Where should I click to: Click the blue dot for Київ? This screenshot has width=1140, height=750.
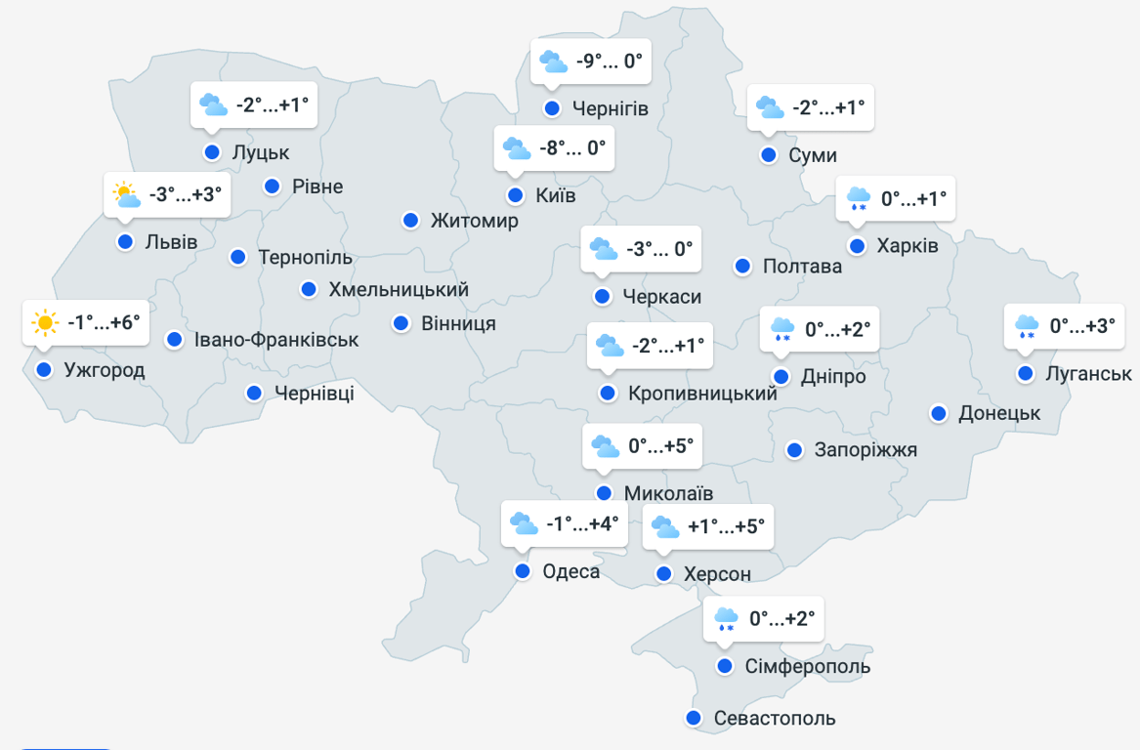(x=515, y=194)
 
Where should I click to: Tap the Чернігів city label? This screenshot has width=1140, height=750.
(x=611, y=107)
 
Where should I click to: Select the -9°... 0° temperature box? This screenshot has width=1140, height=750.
(x=609, y=62)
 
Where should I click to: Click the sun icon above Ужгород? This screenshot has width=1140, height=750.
(x=45, y=321)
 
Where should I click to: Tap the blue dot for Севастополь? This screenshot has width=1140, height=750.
(x=694, y=718)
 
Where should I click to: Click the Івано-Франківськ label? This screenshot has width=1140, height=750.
(x=276, y=340)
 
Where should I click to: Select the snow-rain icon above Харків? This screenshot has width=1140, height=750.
(x=859, y=199)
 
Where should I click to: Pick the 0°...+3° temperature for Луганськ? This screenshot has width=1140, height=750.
(x=1081, y=325)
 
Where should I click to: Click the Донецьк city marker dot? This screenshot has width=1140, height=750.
(x=939, y=413)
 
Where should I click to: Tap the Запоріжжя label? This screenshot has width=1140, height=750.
(x=866, y=449)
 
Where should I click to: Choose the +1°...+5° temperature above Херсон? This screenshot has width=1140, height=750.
(x=726, y=526)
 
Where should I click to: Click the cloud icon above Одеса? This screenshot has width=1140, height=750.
(x=524, y=523)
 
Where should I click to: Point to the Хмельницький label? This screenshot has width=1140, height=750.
(x=399, y=289)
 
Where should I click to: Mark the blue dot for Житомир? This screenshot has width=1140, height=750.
(x=411, y=220)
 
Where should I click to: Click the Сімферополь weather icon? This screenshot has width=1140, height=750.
(x=726, y=619)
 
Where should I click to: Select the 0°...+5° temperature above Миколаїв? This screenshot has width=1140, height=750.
(x=660, y=446)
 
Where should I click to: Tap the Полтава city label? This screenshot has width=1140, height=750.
(x=802, y=266)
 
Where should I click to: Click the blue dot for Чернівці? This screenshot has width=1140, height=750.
(x=254, y=393)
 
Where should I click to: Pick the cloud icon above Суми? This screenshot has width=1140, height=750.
(x=770, y=107)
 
